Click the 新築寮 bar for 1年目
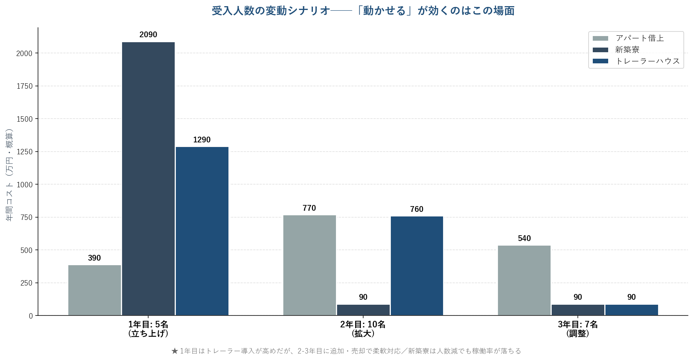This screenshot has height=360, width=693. point(148,179)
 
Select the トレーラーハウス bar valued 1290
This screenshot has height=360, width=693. point(202,231)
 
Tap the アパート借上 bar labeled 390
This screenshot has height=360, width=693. point(94,290)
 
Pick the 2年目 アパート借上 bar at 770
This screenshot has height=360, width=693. point(309,265)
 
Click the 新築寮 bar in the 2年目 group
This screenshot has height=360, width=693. point(363,310)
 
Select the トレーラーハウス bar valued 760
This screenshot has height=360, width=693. point(417,266)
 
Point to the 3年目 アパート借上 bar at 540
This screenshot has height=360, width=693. point(524,281)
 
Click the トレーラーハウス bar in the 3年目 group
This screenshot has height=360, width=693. point(632,310)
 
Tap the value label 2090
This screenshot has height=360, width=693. point(148,35)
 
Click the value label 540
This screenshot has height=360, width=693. point(524,238)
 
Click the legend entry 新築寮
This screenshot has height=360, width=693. point(627,50)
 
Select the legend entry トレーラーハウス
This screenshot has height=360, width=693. point(647,61)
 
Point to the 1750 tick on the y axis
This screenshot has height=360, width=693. point(25,86)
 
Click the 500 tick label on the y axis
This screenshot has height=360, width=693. point(26,250)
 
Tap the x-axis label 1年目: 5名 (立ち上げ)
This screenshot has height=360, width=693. point(148,329)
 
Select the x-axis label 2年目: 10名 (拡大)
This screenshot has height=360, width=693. point(363,329)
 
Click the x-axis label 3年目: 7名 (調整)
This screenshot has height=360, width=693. point(578,329)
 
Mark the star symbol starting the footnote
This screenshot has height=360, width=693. point(175,351)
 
